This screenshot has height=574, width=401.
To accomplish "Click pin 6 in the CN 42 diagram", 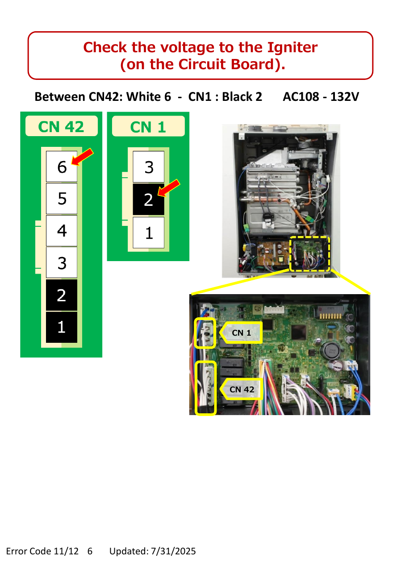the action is click(x=62, y=166).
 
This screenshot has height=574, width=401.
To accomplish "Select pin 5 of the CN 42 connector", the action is click(x=62, y=199).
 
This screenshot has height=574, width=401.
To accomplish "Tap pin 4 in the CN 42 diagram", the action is click(x=62, y=231).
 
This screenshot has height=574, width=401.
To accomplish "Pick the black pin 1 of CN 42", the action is click(x=62, y=327).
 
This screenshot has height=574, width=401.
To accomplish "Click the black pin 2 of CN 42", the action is click(x=62, y=295).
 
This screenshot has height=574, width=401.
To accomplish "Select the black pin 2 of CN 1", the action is click(x=148, y=200).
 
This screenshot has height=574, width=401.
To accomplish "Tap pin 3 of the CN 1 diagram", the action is click(x=148, y=167).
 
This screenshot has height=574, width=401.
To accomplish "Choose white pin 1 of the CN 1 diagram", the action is click(x=148, y=233).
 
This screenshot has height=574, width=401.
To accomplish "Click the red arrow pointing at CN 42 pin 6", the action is click(x=82, y=157).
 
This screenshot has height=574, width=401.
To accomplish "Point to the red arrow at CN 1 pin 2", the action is click(x=169, y=188).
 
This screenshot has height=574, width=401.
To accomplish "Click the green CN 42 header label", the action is click(x=61, y=126).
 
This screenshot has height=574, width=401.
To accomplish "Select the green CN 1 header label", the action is click(x=148, y=127).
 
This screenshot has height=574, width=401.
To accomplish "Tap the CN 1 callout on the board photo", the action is click(x=241, y=333).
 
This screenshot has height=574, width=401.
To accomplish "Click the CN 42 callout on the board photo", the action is click(x=241, y=389).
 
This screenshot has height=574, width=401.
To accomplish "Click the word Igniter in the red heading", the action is click(x=292, y=47).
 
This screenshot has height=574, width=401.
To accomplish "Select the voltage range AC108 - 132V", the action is click(x=321, y=97).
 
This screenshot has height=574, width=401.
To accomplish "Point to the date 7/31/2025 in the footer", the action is click(x=173, y=551).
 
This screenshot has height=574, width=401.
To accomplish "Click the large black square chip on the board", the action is click(x=299, y=334).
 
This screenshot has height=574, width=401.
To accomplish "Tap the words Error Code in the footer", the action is click(x=29, y=551).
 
